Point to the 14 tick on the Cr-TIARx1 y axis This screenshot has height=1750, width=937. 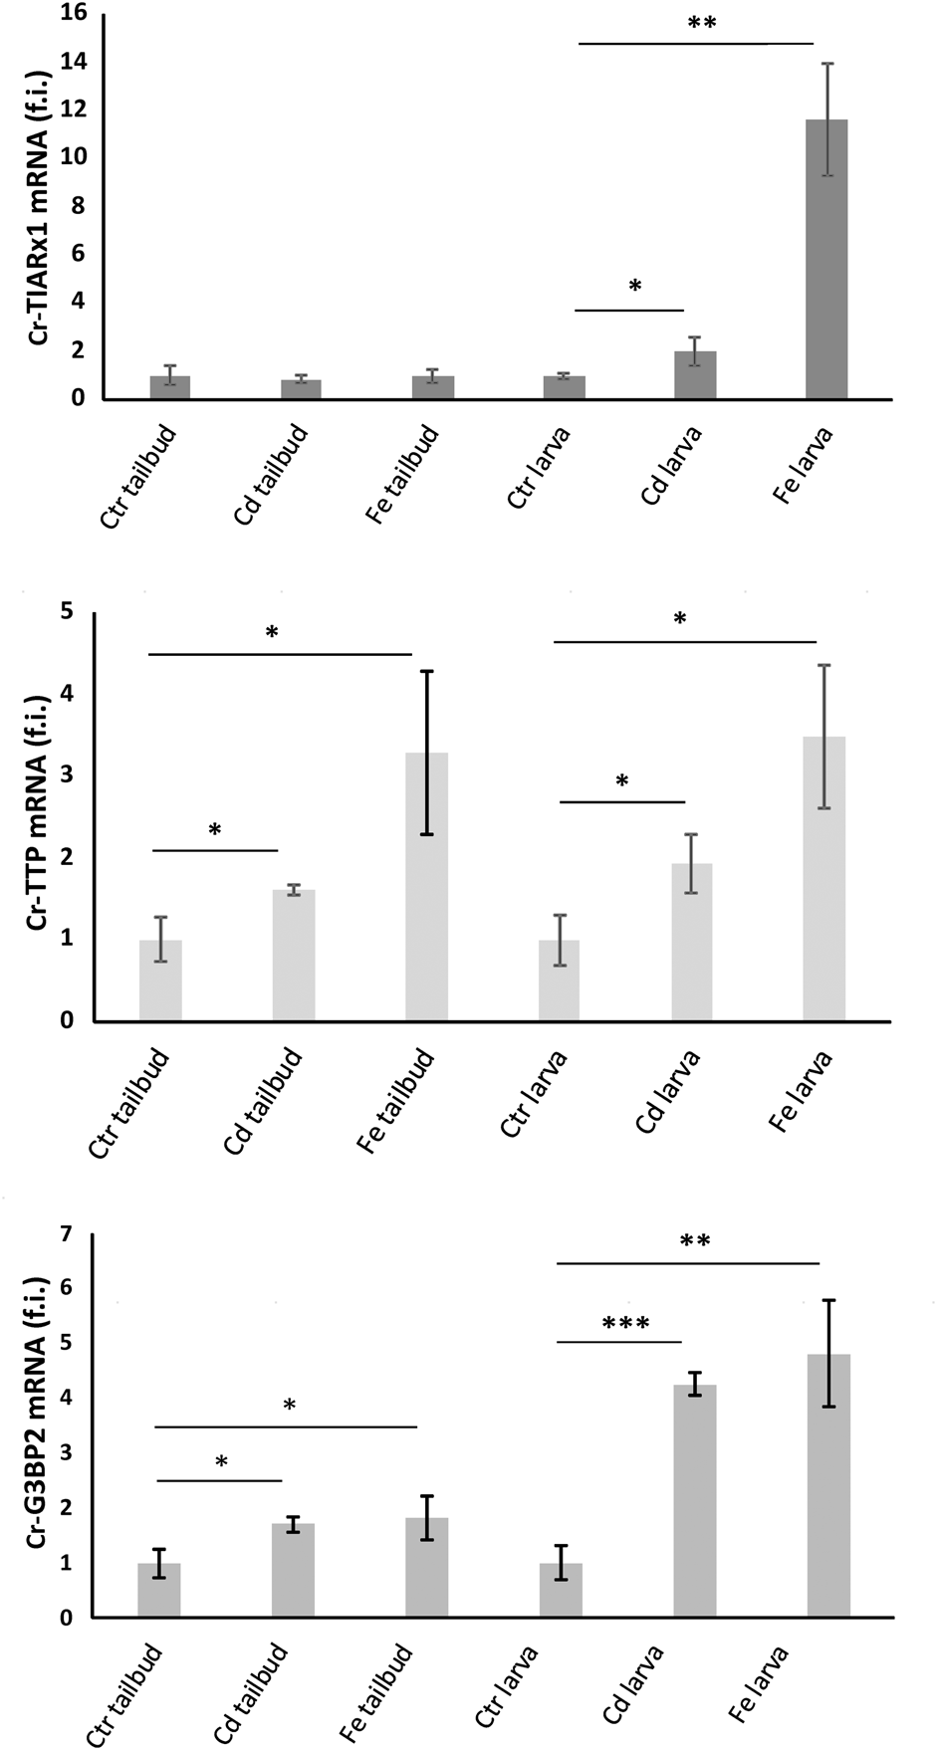tap(74, 62)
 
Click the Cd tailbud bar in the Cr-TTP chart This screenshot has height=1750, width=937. tap(294, 955)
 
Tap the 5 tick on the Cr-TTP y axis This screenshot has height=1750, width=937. tap(68, 611)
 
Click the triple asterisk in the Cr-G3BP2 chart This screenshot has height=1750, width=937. tap(625, 1324)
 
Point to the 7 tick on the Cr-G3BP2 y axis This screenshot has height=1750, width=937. tap(68, 1233)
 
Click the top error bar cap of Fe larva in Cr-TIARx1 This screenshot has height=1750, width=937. tap(826, 64)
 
